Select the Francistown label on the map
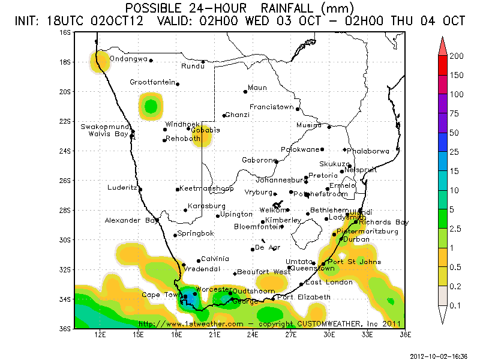click(x=272, y=107)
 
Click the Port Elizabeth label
click(x=304, y=297)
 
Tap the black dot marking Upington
click(x=218, y=216)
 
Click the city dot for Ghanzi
click(x=224, y=116)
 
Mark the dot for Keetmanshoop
click(x=178, y=190)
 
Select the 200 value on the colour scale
click(x=457, y=56)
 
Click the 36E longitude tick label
click(x=404, y=334)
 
